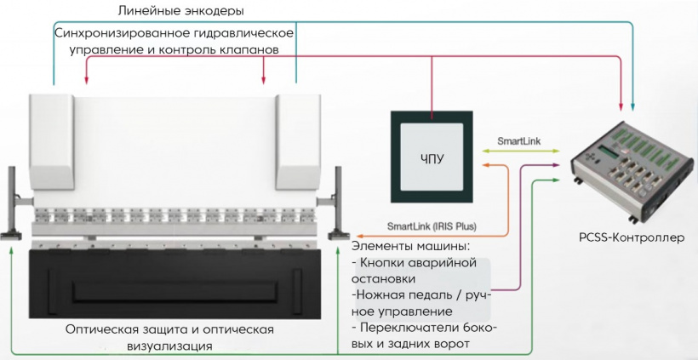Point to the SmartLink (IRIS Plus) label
pyautogui.click(x=432, y=226)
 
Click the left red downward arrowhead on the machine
pyautogui.click(x=87, y=82)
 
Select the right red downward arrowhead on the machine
pyautogui.click(x=264, y=82)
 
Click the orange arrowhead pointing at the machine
pyautogui.click(x=358, y=235)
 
